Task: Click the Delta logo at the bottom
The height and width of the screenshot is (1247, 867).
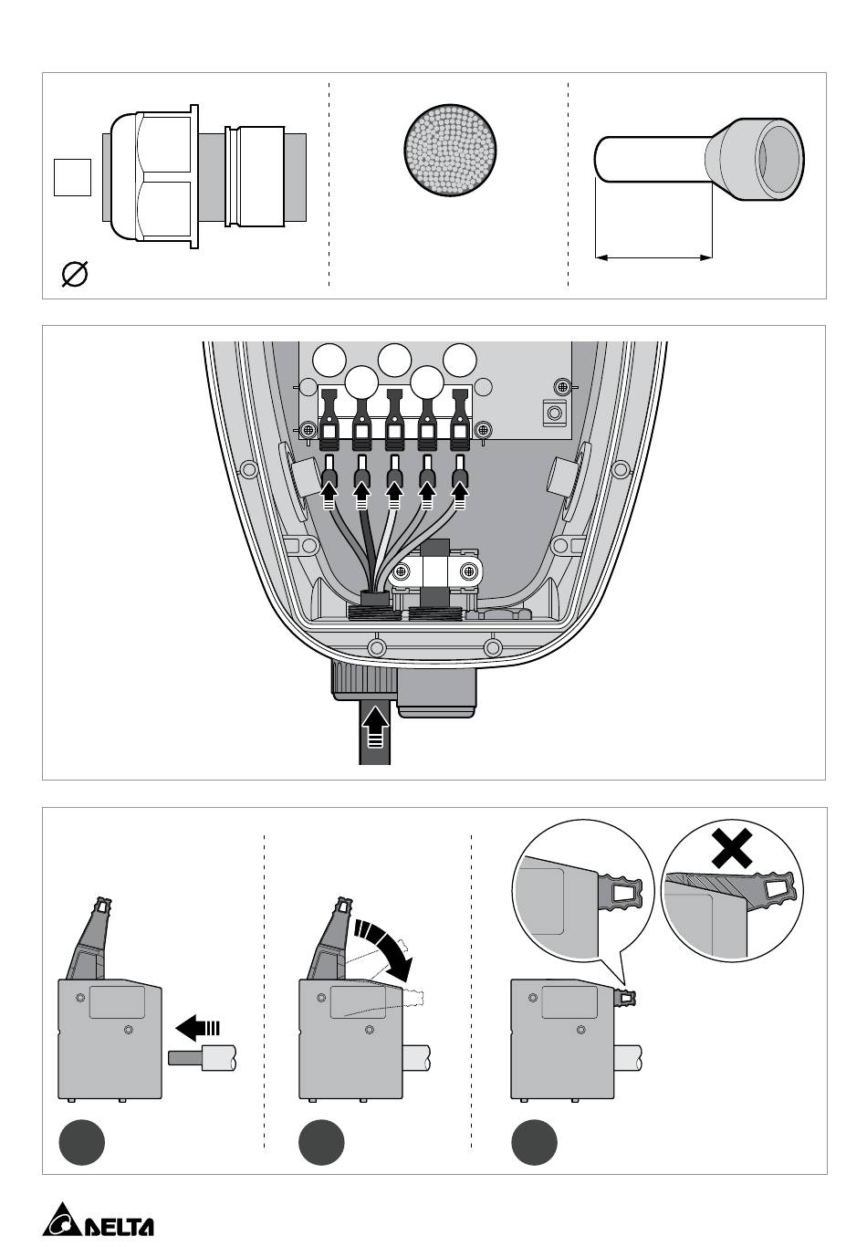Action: pyautogui.click(x=98, y=1220)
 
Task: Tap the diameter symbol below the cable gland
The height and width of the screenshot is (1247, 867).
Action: pyautogui.click(x=74, y=274)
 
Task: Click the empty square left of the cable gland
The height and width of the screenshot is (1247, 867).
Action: pyautogui.click(x=72, y=178)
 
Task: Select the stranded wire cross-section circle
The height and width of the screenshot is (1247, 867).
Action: pyautogui.click(x=450, y=149)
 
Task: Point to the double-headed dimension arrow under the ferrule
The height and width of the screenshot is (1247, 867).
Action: pyautogui.click(x=653, y=257)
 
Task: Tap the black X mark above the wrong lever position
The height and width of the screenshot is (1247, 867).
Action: pyautogui.click(x=732, y=848)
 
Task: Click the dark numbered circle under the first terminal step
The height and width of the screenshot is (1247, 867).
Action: pyautogui.click(x=82, y=1142)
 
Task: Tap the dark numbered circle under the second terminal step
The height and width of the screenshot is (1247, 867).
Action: pyautogui.click(x=321, y=1142)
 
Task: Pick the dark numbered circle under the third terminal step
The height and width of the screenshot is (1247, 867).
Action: pyautogui.click(x=534, y=1142)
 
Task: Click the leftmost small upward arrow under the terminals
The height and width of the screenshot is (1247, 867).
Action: pyautogui.click(x=329, y=496)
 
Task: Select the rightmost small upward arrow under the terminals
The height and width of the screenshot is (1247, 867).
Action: pyautogui.click(x=460, y=496)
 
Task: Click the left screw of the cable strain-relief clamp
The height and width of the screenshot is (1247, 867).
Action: pyautogui.click(x=401, y=571)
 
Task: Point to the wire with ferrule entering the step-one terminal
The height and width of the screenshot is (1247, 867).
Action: pyautogui.click(x=203, y=1056)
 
